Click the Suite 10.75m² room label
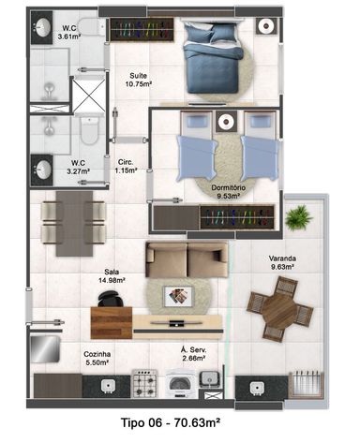pyautogui.click(x=139, y=80)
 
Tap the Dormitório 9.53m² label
pyautogui.click(x=229, y=192)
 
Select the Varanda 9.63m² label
pyautogui.click(x=282, y=262)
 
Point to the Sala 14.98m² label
pyautogui.click(x=112, y=276)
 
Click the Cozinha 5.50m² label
pyautogui.click(x=97, y=358)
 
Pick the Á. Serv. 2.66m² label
pyautogui.click(x=194, y=354)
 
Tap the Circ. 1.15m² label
pyautogui.click(x=126, y=167)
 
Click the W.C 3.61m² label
pyautogui.click(x=69, y=33)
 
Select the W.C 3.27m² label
pyautogui.click(x=78, y=167)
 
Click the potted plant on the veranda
pyautogui.click(x=298, y=217)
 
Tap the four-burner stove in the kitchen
pyautogui.click(x=144, y=383)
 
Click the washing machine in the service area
pyautogui.click(x=180, y=383)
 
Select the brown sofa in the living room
pyautogui.click(x=187, y=259)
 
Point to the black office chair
pyautogui.click(x=110, y=299)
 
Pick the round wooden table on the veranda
pyautogui.click(x=280, y=308)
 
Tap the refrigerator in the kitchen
pyautogui.click(x=45, y=348)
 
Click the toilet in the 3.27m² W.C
pyautogui.click(x=89, y=130)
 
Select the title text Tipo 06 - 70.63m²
pyautogui.click(x=171, y=423)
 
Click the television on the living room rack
pyautogui.click(x=177, y=323)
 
